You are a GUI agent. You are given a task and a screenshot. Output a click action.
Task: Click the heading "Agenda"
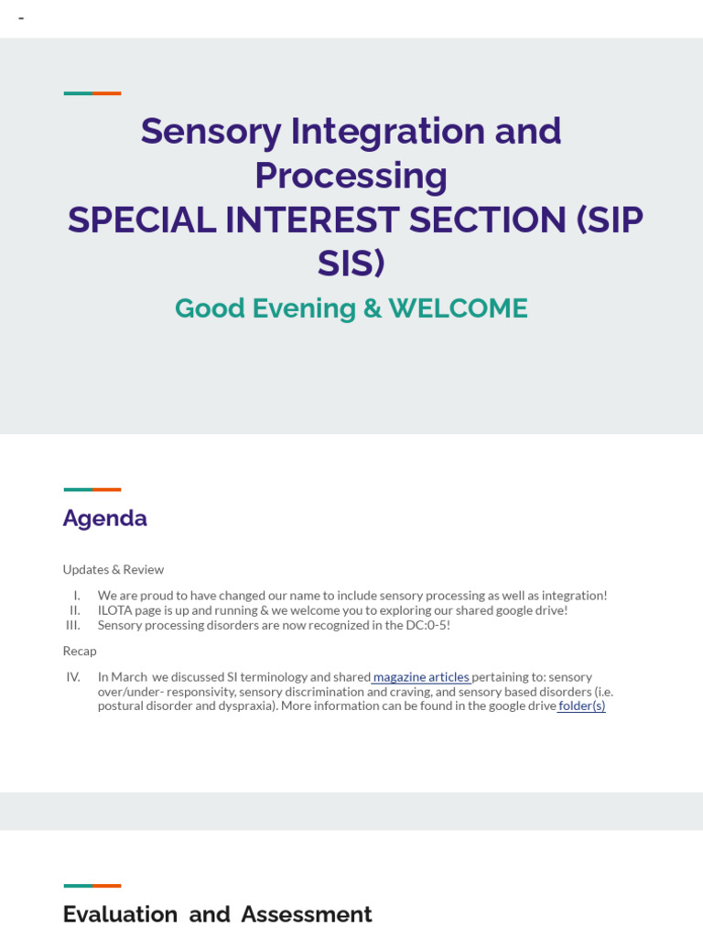[104, 518]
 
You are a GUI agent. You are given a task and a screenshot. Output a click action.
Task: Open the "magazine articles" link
[421, 677]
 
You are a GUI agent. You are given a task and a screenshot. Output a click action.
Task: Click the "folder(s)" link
[582, 705]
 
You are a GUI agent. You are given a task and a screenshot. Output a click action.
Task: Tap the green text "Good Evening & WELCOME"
[351, 308]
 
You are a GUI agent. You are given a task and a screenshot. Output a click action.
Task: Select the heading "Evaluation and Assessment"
[217, 914]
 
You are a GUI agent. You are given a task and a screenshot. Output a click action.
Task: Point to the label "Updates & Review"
[113, 569]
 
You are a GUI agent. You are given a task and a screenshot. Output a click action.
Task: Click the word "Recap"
[80, 651]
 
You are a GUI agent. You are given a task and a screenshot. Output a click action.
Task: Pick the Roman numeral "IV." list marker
[73, 677]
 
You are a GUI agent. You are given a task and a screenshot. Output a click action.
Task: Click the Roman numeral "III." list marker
[73, 625]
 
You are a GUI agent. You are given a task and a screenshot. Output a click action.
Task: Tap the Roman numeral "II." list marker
[75, 610]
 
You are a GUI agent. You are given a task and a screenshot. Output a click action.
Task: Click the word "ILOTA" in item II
[114, 610]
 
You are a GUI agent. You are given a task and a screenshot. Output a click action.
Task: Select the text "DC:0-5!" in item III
[426, 625]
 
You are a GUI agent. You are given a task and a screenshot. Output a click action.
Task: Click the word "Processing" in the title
[351, 176]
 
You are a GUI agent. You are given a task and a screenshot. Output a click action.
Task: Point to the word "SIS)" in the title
[351, 264]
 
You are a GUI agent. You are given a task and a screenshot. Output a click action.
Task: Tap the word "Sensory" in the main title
[211, 131]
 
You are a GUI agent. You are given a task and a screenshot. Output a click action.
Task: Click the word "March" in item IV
[129, 677]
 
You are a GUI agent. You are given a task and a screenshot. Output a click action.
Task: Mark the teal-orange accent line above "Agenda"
[92, 490]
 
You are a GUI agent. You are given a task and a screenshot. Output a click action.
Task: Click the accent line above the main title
[92, 93]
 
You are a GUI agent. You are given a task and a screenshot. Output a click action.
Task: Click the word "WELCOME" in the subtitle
[458, 308]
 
